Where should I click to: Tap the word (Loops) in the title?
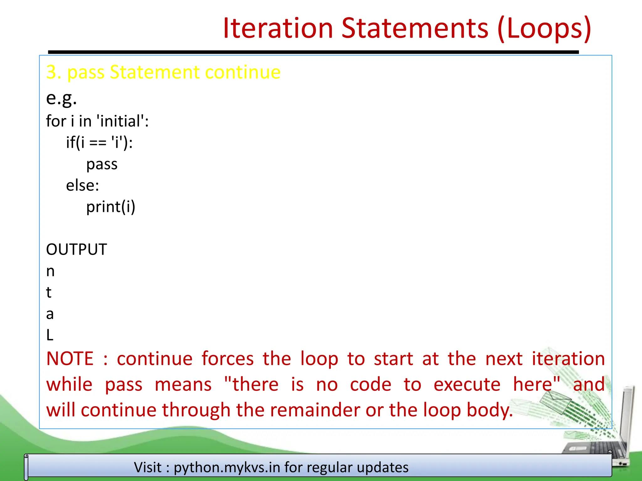pos(544,29)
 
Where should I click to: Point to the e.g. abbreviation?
pos(61,98)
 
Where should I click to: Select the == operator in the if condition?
pos(98,143)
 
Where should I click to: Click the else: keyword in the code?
pos(82,186)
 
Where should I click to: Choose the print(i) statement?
pos(111,207)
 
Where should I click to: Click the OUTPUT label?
pos(76,250)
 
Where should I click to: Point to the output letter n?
pos(50,272)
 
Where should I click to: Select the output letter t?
pos(49,292)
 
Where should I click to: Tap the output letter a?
pos(50,314)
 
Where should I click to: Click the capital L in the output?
pos(50,335)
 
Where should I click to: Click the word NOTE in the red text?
pos(70,359)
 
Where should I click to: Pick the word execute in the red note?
pos(467,385)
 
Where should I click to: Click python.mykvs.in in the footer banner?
pos(227,468)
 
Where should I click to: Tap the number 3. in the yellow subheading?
pos(53,72)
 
